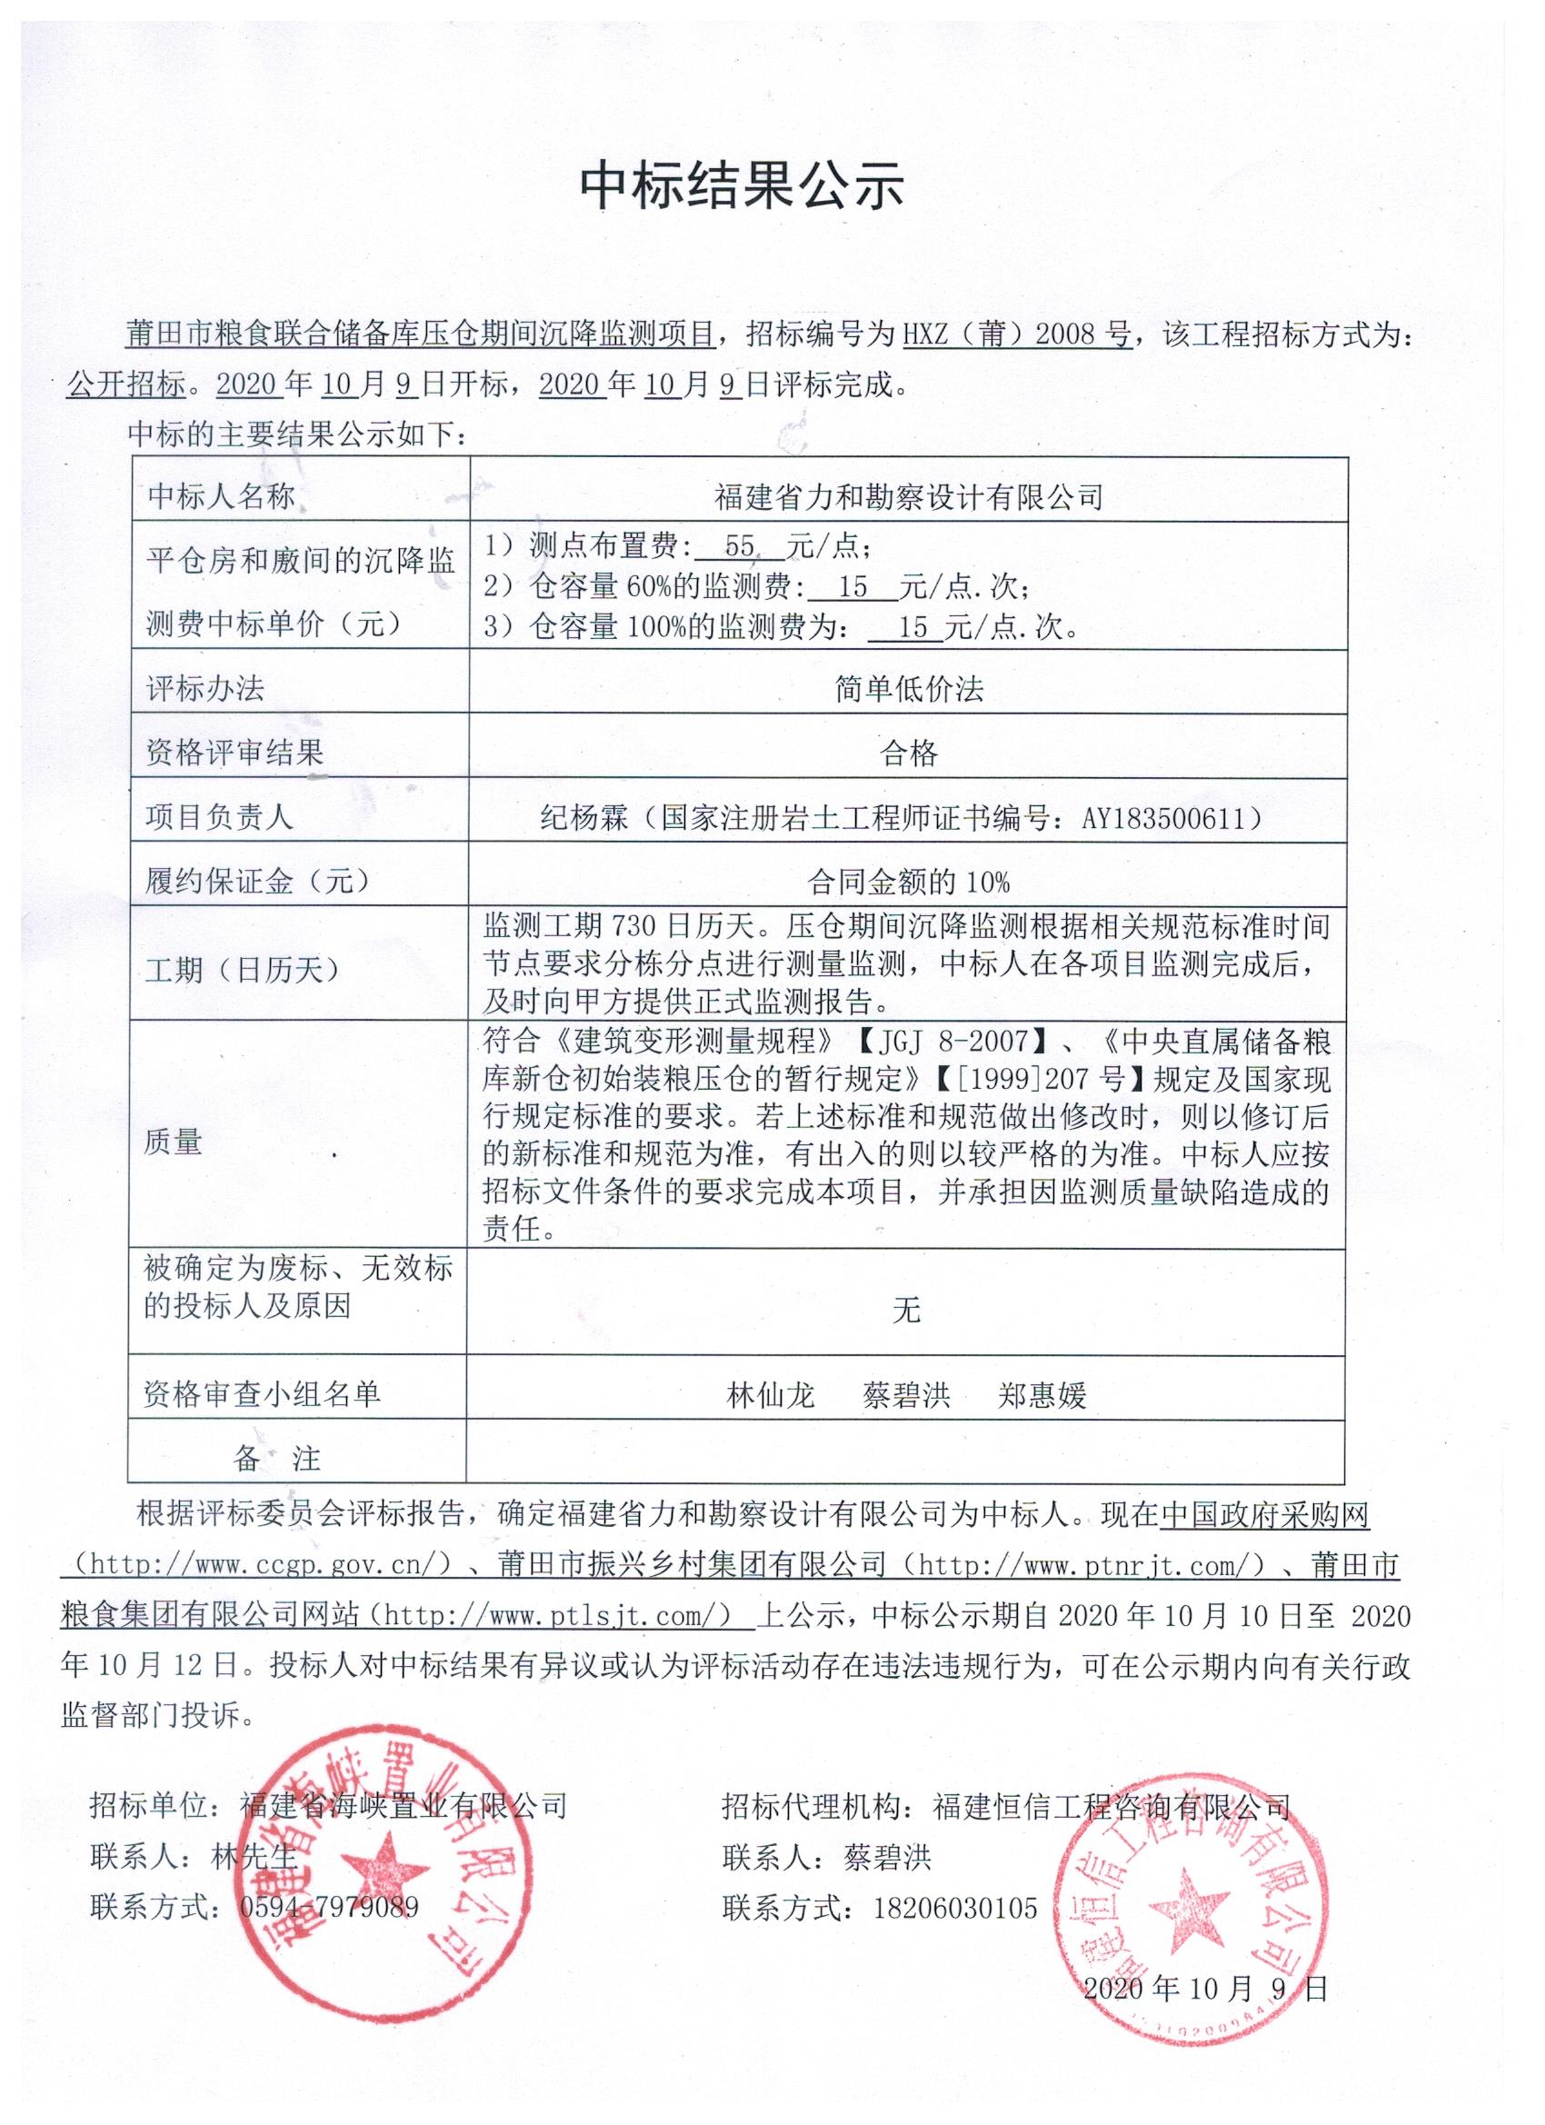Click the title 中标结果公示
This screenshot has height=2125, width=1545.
pos(741,185)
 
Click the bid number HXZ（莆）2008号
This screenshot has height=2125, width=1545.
pos(1017,334)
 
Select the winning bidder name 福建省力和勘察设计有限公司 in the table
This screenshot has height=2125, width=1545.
pos(908,495)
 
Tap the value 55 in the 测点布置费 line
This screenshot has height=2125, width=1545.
pos(739,547)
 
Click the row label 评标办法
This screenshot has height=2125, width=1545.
pos(206,689)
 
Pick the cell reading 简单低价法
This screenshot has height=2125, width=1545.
pos(908,690)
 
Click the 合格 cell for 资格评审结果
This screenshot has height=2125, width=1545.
pos(908,753)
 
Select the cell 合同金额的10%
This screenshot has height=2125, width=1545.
pos(908,881)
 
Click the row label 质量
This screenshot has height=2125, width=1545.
pos(174,1142)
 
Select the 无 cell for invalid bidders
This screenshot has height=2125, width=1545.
pos(906,1310)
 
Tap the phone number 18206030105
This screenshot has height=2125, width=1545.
pos(956,1908)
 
